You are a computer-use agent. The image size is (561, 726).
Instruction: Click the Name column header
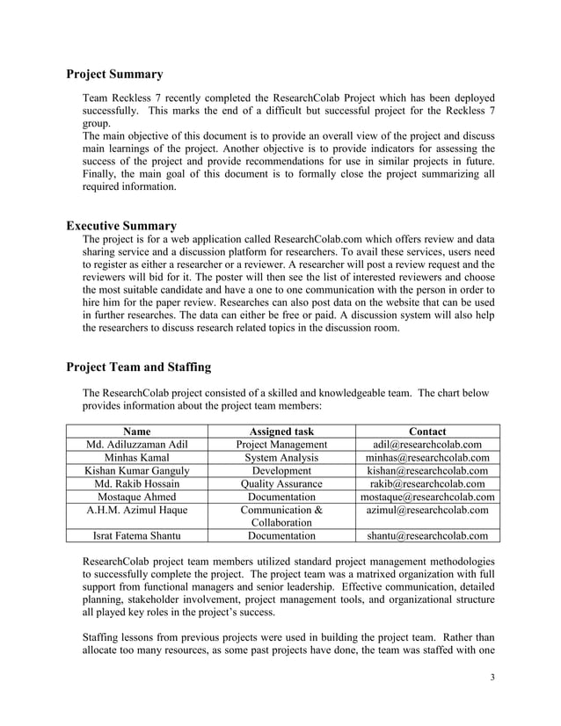(x=136, y=432)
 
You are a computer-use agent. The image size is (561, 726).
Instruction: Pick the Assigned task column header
(x=281, y=432)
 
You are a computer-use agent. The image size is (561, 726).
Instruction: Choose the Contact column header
(x=427, y=432)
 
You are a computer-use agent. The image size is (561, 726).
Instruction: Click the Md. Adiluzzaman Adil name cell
(x=136, y=445)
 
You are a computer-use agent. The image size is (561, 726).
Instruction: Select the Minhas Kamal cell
(x=136, y=458)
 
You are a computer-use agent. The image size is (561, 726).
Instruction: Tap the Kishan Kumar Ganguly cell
(x=136, y=471)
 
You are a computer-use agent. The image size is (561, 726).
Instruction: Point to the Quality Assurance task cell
(x=281, y=484)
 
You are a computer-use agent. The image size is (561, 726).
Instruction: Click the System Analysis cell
(x=281, y=458)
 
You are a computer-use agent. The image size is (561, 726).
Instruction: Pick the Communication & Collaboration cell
(x=281, y=516)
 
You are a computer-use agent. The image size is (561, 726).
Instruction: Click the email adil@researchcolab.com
(x=427, y=445)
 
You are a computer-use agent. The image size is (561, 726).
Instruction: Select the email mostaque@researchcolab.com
(x=427, y=497)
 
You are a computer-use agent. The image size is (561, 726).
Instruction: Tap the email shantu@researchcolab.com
(x=427, y=535)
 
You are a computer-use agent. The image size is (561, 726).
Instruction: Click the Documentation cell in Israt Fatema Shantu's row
(x=281, y=535)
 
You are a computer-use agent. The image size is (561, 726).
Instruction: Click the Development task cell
(x=281, y=471)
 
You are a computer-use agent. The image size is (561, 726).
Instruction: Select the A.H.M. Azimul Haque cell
(x=136, y=511)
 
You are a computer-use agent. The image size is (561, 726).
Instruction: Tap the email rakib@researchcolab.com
(x=427, y=484)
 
